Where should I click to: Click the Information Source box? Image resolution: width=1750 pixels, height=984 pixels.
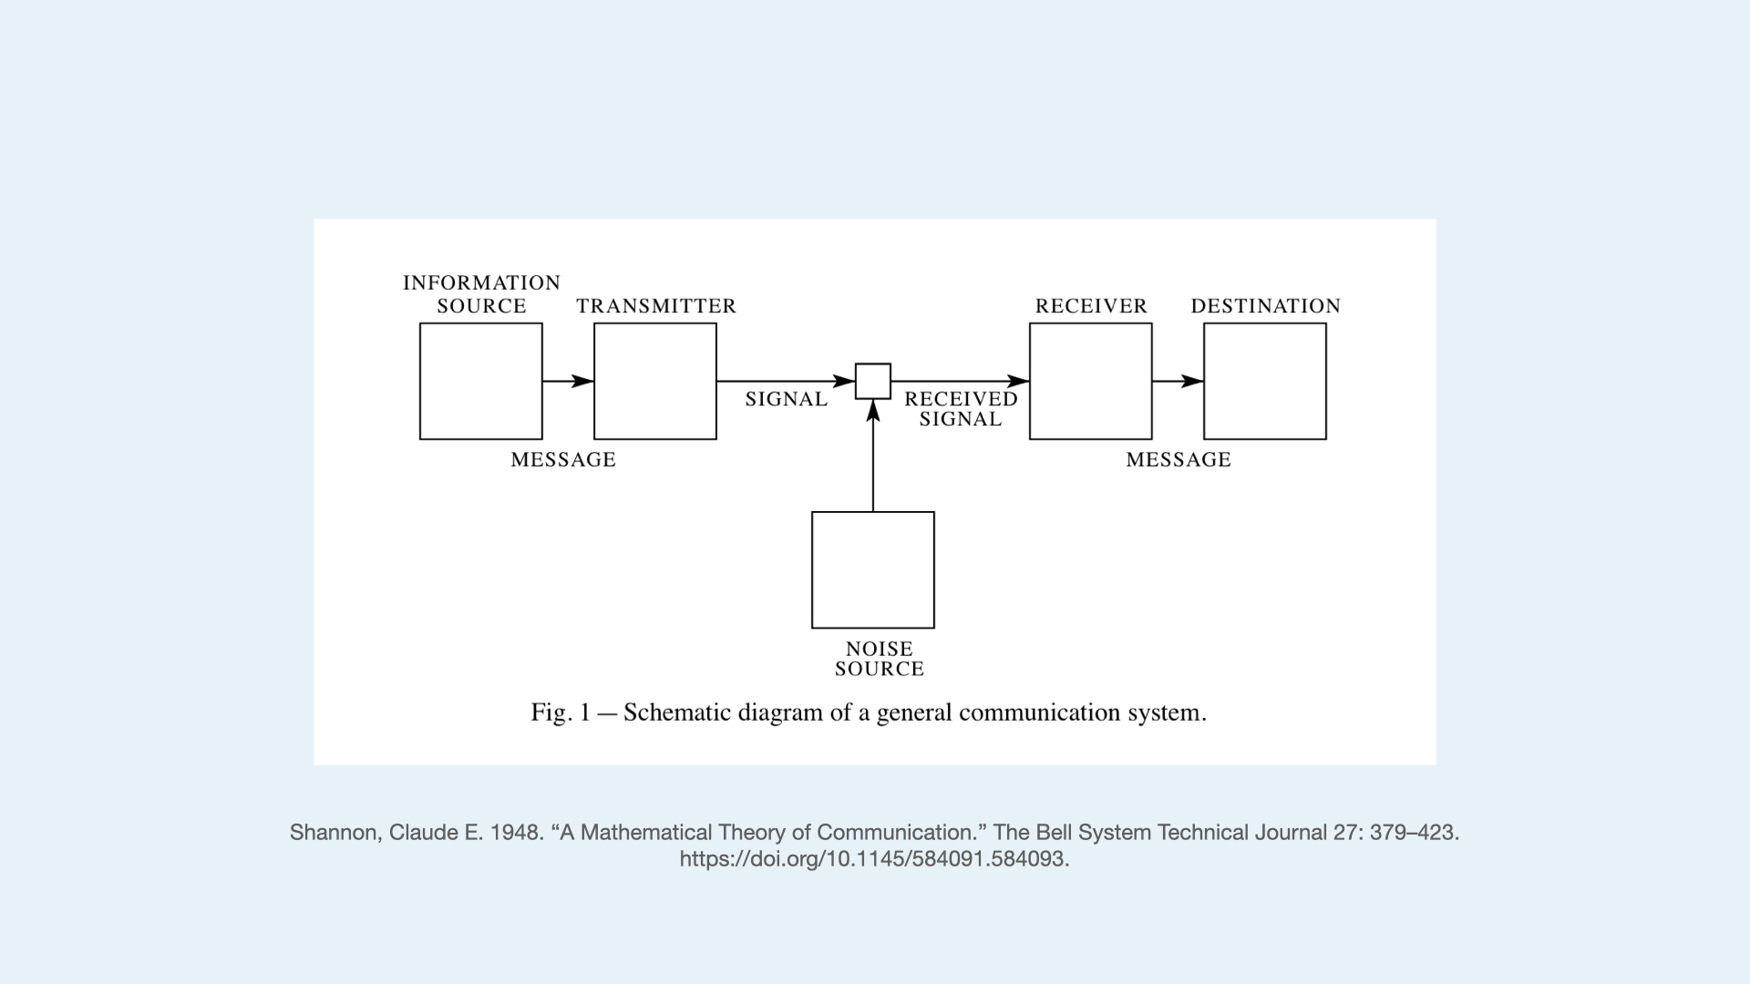(480, 381)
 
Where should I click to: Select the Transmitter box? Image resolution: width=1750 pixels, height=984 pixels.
(654, 381)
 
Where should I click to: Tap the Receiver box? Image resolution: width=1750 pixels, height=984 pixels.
(1090, 381)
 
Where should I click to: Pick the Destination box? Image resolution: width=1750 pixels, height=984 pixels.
(1264, 381)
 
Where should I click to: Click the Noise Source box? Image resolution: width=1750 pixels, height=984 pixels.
(872, 569)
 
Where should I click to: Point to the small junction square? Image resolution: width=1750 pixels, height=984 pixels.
(872, 381)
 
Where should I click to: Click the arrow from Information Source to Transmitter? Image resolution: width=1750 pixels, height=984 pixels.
(568, 381)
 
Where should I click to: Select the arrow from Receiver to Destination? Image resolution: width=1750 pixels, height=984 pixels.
(1178, 381)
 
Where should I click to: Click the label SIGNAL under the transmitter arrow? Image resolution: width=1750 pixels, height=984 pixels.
(786, 399)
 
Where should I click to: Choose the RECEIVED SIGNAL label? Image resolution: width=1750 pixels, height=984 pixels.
(961, 409)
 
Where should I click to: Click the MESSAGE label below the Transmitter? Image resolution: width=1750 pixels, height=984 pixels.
(563, 460)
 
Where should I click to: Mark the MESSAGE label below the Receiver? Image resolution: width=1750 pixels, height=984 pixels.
(1179, 460)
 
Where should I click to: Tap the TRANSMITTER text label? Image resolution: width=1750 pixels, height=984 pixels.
(656, 306)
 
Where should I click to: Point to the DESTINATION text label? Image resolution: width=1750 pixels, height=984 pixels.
(1265, 306)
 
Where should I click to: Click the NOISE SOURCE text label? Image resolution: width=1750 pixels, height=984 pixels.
(880, 659)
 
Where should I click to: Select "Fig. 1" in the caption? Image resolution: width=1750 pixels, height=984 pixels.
(561, 712)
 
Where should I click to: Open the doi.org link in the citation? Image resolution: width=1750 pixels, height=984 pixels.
(874, 858)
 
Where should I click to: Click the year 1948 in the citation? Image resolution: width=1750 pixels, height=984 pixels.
(516, 832)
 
